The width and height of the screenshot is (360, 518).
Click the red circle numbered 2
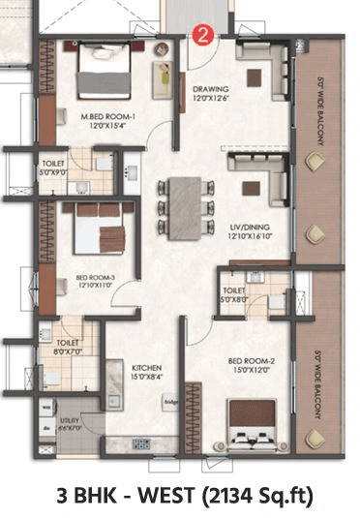pyautogui.click(x=202, y=35)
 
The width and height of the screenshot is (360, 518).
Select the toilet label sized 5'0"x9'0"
pyautogui.click(x=54, y=166)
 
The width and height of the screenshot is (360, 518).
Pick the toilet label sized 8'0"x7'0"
pyautogui.click(x=66, y=342)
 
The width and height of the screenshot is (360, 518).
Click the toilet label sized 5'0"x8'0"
pyautogui.click(x=234, y=289)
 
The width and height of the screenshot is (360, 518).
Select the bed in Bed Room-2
pyautogui.click(x=253, y=426)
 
